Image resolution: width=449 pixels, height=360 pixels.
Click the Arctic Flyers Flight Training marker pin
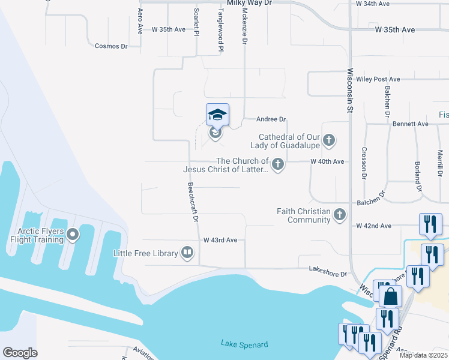73,234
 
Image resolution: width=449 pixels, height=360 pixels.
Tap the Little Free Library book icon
187,253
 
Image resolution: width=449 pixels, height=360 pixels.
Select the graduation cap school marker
217,115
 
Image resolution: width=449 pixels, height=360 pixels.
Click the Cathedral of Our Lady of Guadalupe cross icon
328,141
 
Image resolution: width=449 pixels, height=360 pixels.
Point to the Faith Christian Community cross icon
340,214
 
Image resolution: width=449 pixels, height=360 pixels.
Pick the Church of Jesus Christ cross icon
277,164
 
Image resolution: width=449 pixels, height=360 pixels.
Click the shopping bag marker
390,296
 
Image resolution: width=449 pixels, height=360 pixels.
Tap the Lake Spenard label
244,344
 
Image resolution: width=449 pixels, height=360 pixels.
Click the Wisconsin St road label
350,91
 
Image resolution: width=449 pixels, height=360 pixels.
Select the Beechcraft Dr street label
193,202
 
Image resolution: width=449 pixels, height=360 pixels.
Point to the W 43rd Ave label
220,240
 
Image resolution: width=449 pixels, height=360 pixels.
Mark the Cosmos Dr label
112,46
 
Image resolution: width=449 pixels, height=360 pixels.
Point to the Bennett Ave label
411,124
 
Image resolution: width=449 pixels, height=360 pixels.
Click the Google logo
20,353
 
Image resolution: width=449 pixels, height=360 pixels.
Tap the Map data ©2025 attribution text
423,355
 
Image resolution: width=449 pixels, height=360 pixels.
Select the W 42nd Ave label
374,226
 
